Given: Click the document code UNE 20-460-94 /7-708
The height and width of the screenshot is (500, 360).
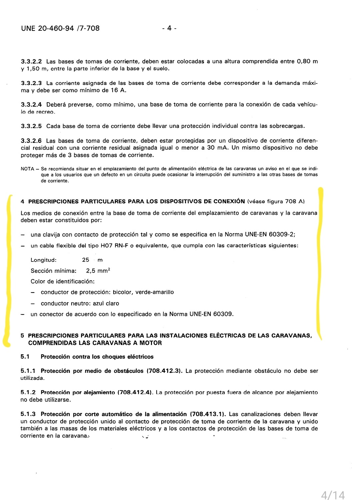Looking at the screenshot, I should [x=60, y=28].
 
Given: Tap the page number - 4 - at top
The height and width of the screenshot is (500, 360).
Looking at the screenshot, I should [x=169, y=28].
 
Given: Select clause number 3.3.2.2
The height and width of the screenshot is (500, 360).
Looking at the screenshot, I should [x=31, y=61].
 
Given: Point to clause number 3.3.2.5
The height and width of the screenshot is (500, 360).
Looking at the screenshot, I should [x=31, y=126].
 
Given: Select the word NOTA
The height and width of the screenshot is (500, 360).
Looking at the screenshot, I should [x=27, y=169].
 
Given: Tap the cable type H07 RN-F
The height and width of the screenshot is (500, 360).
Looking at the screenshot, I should [x=114, y=246].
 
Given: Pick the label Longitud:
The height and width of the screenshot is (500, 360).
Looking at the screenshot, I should [x=44, y=260].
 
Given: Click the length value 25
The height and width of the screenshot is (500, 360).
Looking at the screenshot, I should [x=86, y=260].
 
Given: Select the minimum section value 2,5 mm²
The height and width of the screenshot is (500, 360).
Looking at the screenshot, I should [x=98, y=271].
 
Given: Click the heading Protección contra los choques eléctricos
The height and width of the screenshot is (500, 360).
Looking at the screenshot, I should [x=97, y=357].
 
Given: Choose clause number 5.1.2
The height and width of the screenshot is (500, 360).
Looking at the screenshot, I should [x=28, y=393].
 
